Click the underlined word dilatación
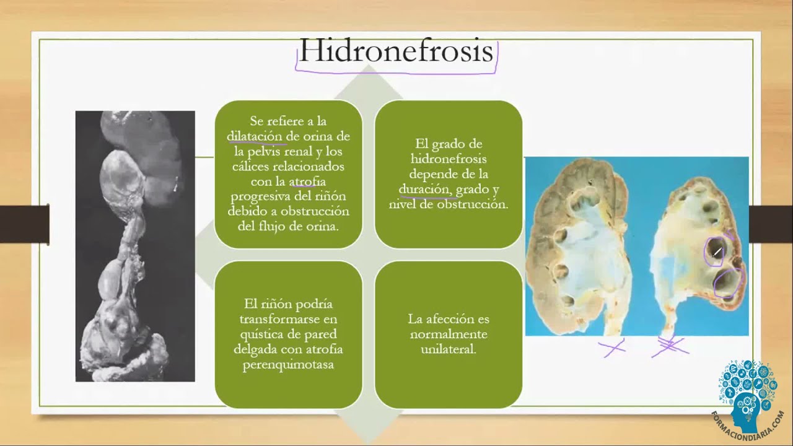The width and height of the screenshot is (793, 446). (255, 136)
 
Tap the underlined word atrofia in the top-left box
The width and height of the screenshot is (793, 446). (307, 181)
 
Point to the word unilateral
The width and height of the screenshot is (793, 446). (448, 349)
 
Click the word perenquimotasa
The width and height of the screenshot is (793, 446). (288, 364)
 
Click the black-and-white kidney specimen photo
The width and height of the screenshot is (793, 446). (135, 246)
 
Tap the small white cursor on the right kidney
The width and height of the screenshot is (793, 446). (717, 251)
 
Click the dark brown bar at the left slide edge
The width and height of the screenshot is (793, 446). (24, 224)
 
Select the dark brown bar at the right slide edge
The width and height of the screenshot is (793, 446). (771, 224)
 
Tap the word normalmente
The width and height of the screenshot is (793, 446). (448, 334)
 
